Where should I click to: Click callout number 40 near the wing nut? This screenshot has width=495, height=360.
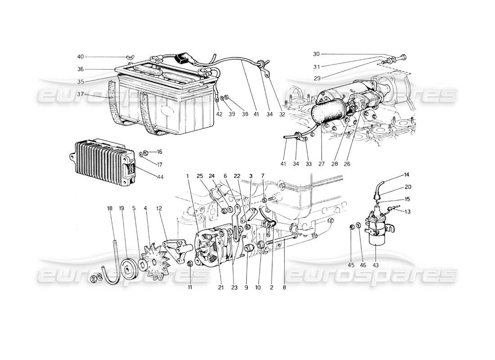[80, 57]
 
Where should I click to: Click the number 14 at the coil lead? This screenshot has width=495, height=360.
[394, 174]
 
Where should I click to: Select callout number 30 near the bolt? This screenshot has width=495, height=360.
[316, 54]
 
